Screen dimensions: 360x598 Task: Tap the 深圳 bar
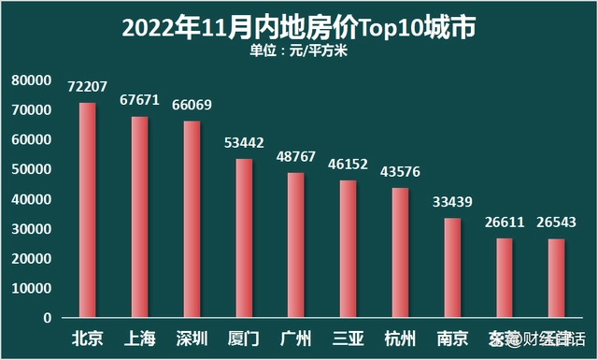coord(192,219)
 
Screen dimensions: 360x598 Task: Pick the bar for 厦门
coord(244,238)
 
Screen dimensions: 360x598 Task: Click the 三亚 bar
coord(348,249)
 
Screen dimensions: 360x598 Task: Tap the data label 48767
coord(296,156)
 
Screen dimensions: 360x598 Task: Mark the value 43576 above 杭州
coord(400,171)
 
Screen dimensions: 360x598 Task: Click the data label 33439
coord(452,201)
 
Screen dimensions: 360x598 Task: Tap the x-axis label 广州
coord(296,338)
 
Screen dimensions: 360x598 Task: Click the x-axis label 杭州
coord(400,338)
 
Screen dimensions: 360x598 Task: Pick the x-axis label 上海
coord(139,338)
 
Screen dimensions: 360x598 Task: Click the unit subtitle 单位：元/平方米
coord(298,50)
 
